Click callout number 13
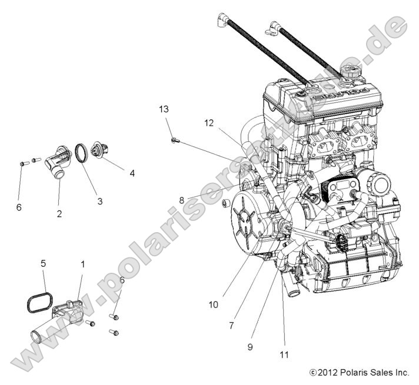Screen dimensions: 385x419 click(x=163, y=109)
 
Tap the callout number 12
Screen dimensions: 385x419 click(x=209, y=123)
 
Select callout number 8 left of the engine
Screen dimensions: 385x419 click(x=182, y=200)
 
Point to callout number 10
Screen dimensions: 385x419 click(x=212, y=304)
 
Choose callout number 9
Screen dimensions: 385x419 click(x=250, y=347)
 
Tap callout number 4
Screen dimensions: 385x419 click(x=132, y=173)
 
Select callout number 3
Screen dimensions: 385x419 click(x=99, y=201)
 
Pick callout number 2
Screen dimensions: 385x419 click(x=59, y=214)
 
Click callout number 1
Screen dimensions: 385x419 click(x=82, y=264)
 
